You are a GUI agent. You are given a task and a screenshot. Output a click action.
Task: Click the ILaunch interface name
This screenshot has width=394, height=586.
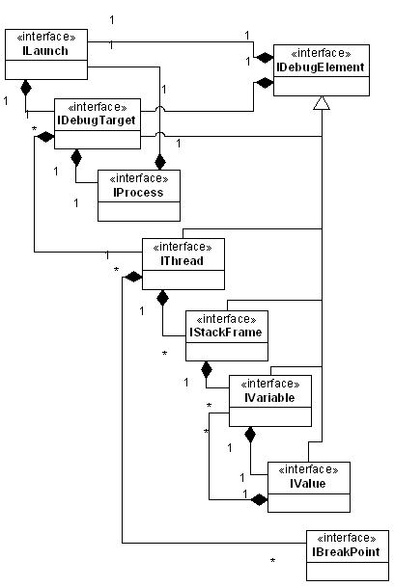tap(45, 50)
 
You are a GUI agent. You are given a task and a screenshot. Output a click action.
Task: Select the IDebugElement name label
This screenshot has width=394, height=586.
tap(321, 67)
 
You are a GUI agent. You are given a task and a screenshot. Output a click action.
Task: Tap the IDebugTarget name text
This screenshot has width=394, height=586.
tap(97, 120)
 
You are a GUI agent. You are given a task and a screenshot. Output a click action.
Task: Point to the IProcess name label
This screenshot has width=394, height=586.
tap(138, 192)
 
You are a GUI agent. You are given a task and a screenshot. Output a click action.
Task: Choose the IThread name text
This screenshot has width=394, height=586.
tap(182, 260)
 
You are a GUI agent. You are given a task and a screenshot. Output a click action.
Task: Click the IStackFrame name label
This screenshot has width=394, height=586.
tap(226, 332)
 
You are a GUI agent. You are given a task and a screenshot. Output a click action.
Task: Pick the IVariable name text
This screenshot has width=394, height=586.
tap(269, 397)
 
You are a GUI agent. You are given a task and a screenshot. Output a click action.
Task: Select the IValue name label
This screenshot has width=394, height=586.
tap(308, 484)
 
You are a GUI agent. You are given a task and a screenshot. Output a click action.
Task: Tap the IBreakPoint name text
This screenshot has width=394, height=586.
tap(346, 551)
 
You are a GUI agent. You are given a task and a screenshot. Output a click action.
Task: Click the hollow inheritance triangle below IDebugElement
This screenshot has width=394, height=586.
tap(322, 103)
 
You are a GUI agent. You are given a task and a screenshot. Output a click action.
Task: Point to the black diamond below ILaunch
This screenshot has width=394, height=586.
tap(26, 88)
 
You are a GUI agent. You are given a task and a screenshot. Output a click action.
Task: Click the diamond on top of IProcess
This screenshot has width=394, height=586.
tap(160, 163)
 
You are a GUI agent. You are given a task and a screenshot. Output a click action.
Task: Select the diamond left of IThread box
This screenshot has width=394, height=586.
tap(133, 278)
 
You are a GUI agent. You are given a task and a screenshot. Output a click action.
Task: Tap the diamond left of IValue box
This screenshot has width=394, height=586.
tap(259, 499)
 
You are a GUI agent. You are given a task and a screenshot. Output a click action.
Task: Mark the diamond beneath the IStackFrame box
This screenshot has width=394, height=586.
tap(206, 369)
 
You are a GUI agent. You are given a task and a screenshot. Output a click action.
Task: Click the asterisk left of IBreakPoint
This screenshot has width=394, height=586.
tap(272, 561)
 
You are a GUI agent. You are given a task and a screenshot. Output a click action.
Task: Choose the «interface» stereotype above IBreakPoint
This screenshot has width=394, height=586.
tap(347, 538)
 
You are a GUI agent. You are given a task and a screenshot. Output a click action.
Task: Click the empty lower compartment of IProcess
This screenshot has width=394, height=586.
tap(139, 211)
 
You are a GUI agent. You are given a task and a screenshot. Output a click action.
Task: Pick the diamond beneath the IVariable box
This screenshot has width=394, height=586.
tap(250, 435)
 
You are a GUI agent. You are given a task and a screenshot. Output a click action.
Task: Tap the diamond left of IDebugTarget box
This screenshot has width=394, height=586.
tap(45, 137)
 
